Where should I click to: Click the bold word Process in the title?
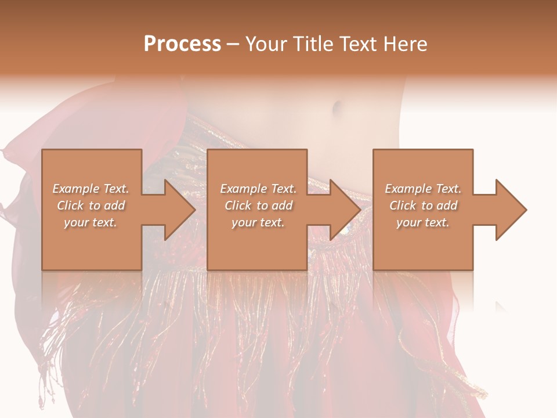(182, 44)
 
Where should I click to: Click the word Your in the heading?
(265, 44)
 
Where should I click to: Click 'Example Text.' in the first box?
(91, 189)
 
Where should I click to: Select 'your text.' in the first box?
(91, 222)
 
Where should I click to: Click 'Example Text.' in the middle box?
(258, 189)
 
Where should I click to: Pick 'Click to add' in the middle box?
(258, 206)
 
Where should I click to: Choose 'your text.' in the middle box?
(258, 222)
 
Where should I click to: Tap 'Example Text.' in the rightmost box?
(423, 189)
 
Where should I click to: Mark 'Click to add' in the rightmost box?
(423, 206)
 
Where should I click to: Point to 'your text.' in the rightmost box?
(423, 222)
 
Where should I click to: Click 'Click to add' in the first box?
(91, 206)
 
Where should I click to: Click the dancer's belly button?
(337, 108)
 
